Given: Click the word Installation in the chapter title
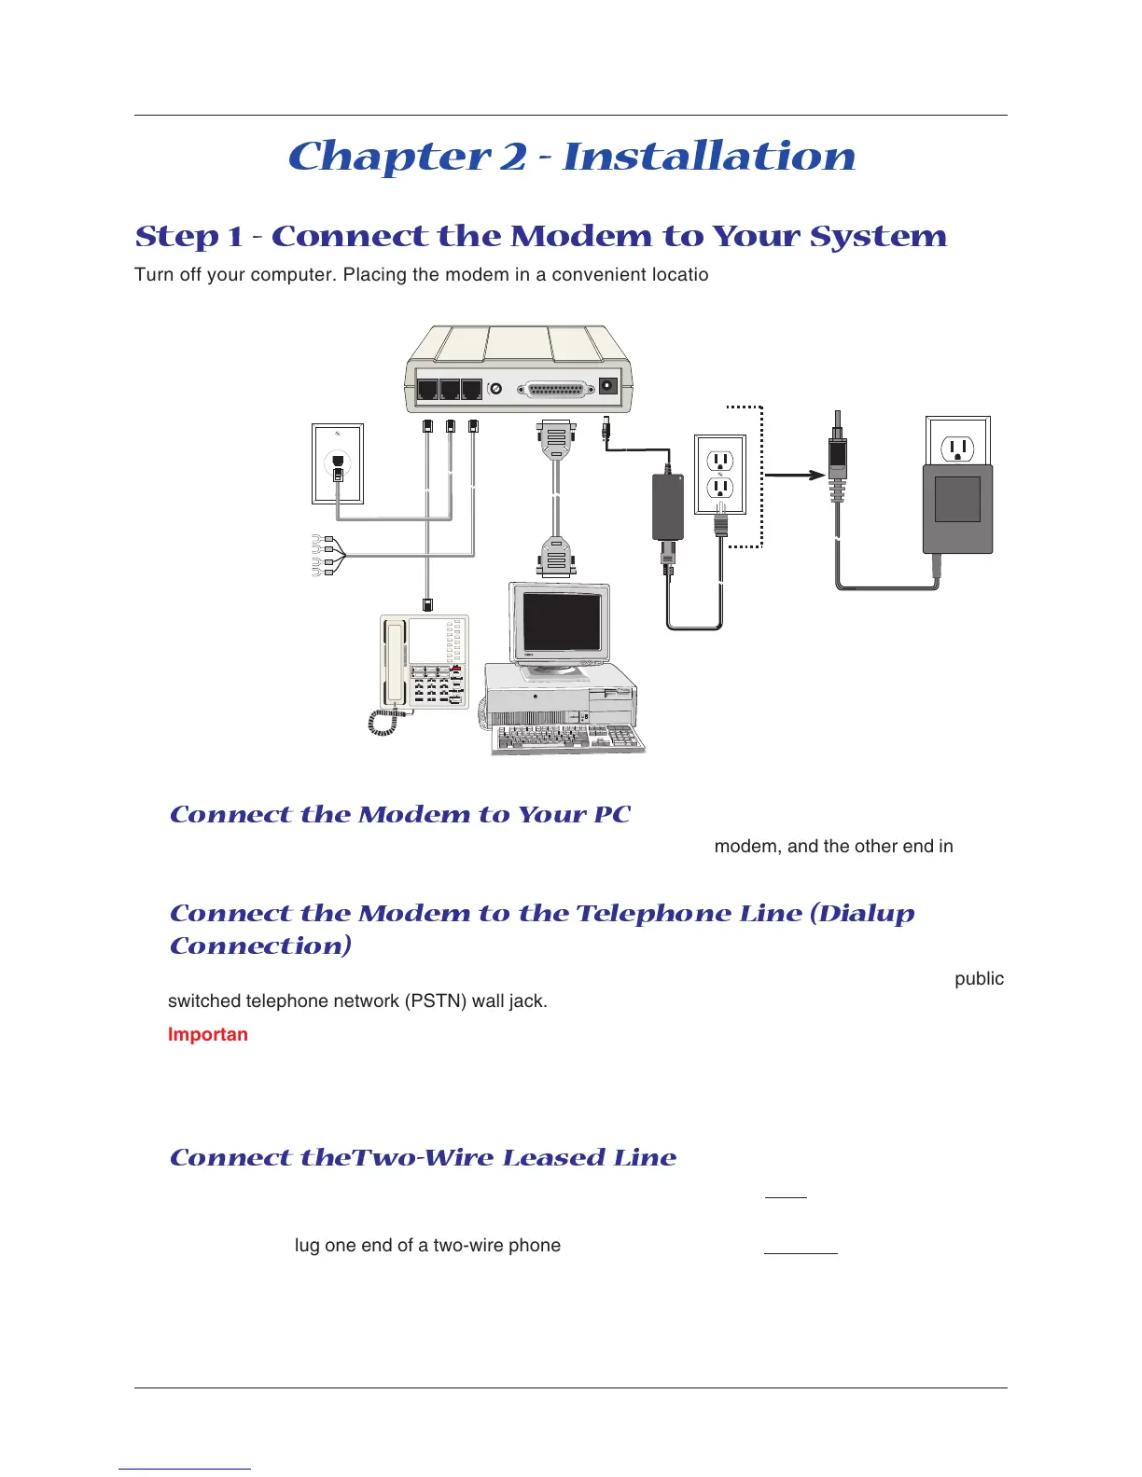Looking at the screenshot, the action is coord(709,156).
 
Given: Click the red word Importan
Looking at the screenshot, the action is coord(207,1034).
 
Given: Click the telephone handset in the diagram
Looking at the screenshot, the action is coord(396,663).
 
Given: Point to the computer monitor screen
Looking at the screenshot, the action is coord(561,621).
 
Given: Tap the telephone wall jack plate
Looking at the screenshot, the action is coord(337,463).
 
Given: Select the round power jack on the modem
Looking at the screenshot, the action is coord(609,385).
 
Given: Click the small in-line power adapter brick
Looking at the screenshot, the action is coord(667,505).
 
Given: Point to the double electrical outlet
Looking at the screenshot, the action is coord(720,474).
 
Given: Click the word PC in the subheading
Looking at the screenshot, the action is coord(612,814).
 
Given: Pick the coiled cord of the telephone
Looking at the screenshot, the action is coord(383,722).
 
